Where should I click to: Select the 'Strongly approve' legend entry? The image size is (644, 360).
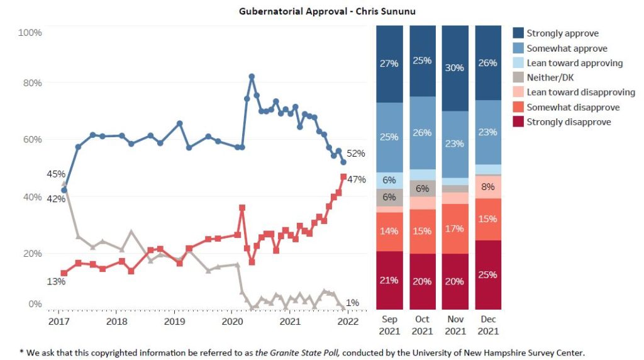(562, 33)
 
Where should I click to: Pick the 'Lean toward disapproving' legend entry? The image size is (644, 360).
(580, 93)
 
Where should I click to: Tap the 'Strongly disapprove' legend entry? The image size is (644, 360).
(569, 122)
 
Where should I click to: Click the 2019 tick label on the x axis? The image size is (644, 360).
(174, 321)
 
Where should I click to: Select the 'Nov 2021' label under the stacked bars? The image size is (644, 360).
(456, 325)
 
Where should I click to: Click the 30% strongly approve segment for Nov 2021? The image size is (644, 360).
(456, 68)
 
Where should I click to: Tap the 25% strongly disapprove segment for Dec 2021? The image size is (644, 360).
(489, 275)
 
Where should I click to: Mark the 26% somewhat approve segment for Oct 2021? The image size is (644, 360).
(423, 133)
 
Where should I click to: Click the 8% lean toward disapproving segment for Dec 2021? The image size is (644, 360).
(489, 187)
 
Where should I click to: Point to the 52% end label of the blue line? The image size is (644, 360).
(355, 154)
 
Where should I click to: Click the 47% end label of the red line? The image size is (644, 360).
(357, 179)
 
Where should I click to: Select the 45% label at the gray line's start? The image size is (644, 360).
(56, 174)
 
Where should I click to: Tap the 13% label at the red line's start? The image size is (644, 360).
(56, 281)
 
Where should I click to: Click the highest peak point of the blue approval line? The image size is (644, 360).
(252, 76)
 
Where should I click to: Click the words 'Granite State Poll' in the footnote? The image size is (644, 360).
(294, 353)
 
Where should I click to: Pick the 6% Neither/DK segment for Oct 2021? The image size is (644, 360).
(423, 188)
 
